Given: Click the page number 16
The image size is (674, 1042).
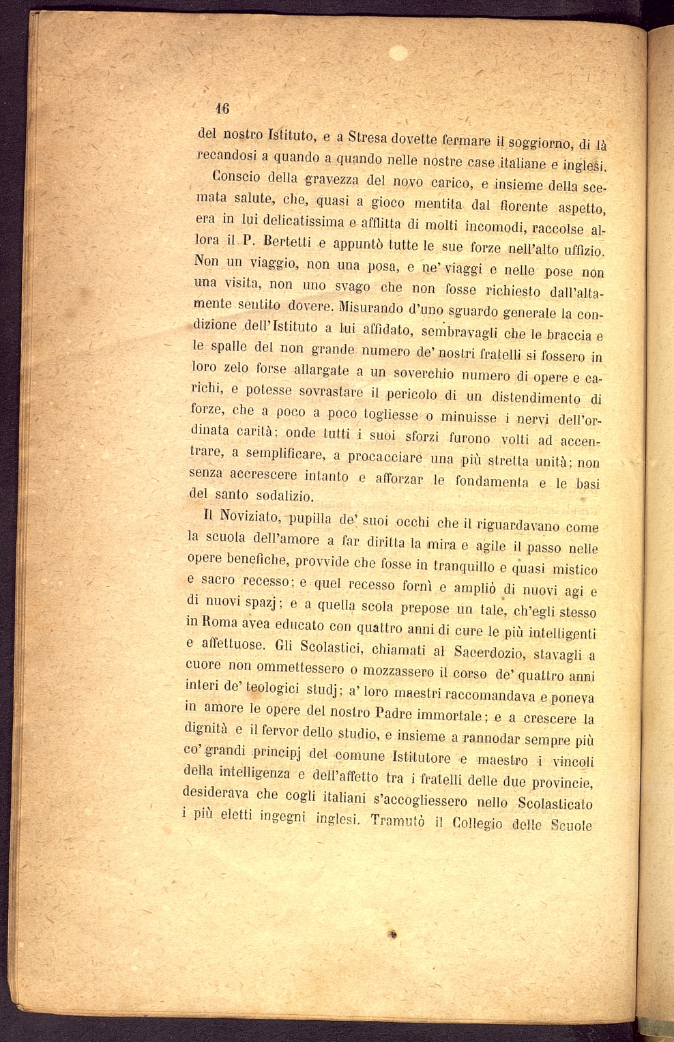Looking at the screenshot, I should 222,108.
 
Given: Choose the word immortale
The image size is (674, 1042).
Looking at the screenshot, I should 450,715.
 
